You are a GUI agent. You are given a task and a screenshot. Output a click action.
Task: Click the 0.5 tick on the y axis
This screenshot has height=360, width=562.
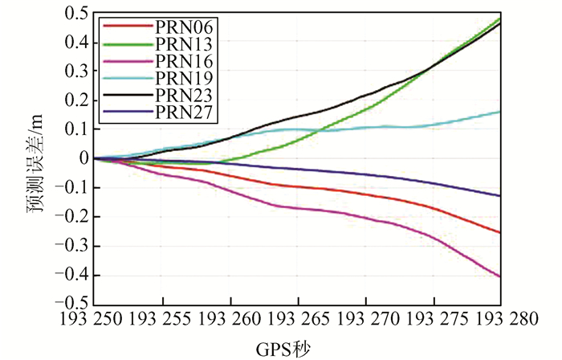coord(75,14)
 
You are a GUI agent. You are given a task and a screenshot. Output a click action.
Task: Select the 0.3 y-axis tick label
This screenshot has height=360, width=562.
coord(75,72)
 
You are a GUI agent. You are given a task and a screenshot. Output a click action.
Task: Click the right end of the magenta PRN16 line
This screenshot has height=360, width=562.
coord(501,276)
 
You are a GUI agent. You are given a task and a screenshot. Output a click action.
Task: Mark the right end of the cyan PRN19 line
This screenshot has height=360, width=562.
coord(501,112)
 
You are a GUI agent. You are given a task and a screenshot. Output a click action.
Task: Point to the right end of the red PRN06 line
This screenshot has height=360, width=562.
coord(501,233)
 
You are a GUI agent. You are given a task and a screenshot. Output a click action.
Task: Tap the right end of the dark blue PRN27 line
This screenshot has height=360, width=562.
coord(501,196)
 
